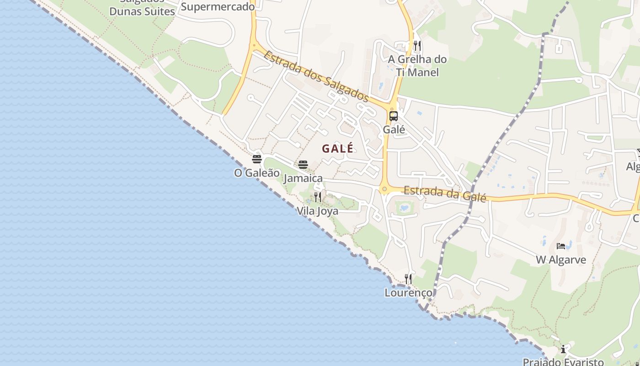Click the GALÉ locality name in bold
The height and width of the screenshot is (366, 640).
(338, 149)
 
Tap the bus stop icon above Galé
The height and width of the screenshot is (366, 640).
(394, 116)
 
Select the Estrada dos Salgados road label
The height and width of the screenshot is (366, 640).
(316, 76)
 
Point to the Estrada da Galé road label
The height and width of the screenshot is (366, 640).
(445, 193)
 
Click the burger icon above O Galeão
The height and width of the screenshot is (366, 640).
(257, 159)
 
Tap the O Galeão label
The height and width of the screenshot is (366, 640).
(257, 173)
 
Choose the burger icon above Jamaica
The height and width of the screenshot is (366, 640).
(303, 165)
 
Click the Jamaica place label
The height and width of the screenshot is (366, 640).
(303, 178)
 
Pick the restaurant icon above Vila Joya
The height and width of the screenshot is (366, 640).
(318, 197)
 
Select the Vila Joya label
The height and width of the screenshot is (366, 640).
(318, 211)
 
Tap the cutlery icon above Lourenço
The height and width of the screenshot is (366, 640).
(408, 279)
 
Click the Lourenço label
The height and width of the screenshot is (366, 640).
(409, 292)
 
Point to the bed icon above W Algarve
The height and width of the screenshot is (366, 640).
(561, 246)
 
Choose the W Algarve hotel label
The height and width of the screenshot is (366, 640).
(561, 260)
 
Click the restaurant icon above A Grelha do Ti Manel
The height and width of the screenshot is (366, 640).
(417, 45)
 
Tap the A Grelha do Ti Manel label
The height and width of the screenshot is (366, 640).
(417, 65)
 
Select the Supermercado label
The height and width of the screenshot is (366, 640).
(218, 6)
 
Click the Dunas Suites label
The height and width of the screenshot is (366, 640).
(142, 11)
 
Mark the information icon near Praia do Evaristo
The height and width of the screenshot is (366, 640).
(563, 349)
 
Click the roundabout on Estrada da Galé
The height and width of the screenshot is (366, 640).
(384, 189)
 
